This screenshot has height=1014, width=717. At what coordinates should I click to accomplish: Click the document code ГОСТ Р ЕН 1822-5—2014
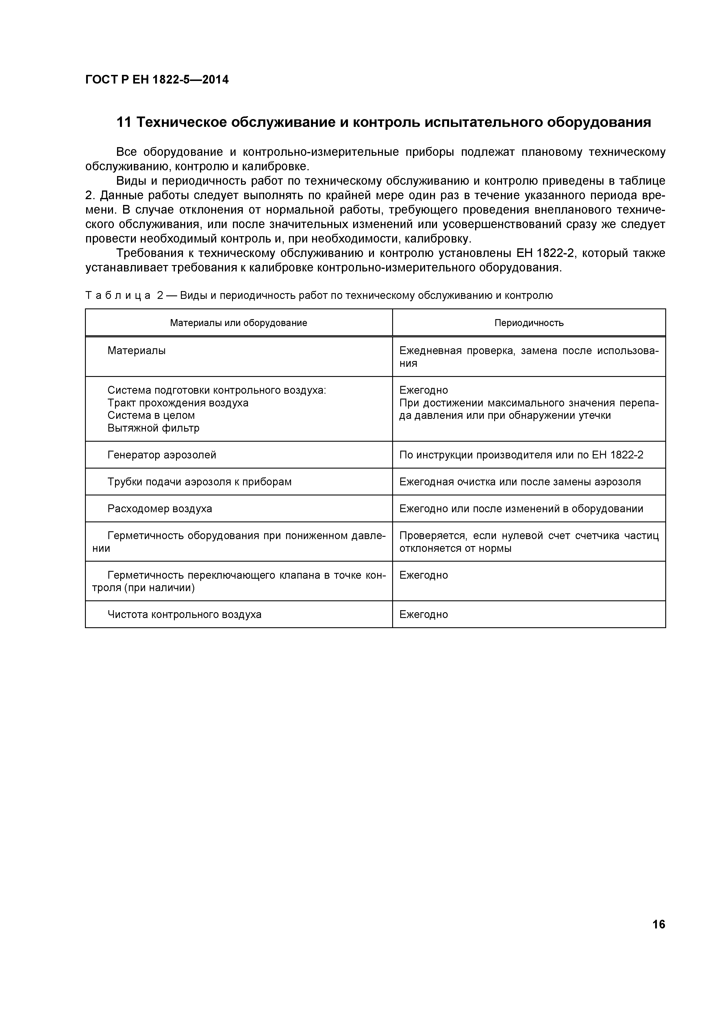[157, 80]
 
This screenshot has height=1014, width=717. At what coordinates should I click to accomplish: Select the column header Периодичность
[529, 323]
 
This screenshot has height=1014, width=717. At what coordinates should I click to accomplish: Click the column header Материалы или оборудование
[238, 323]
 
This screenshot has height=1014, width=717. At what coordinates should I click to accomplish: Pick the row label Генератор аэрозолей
[162, 455]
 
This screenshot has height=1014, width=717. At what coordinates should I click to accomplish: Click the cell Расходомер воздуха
[160, 509]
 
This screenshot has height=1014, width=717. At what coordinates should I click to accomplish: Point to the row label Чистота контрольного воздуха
[184, 614]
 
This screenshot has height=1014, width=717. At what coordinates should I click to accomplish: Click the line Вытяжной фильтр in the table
[153, 428]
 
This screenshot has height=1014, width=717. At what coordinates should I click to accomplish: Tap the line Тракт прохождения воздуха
[177, 403]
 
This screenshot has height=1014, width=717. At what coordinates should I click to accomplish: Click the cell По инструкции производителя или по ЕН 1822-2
[521, 455]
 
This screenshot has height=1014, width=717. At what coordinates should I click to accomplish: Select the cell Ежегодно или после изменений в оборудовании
[521, 509]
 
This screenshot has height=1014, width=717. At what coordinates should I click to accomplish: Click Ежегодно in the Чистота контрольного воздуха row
[423, 614]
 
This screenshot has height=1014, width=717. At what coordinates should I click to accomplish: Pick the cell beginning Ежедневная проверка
[529, 357]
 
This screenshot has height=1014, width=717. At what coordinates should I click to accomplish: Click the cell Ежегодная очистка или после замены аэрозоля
[520, 482]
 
